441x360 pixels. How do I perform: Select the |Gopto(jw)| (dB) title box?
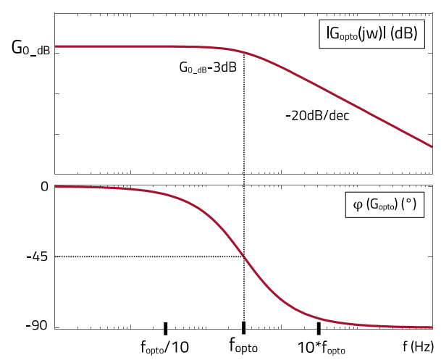pos(371,34)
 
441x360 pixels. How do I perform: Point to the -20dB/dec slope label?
pos(317,115)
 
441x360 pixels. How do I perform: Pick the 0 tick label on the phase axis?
pos(44,187)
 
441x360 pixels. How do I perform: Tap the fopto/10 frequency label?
pos(164,347)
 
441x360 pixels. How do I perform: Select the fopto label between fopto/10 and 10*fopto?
pos(243,345)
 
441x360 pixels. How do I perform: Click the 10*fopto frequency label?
pos(321,346)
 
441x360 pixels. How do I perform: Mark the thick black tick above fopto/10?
pos(165,327)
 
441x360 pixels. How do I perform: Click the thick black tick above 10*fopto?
pos(318,327)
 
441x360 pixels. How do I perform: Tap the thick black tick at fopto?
pos(243,327)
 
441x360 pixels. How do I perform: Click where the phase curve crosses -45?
pos(244,256)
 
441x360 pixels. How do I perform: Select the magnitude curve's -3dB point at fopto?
pos(244,54)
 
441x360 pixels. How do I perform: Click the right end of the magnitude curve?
pos(432,146)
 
